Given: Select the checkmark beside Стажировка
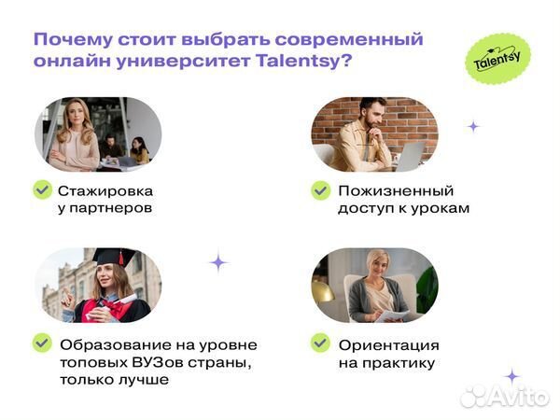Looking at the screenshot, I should click(42, 190).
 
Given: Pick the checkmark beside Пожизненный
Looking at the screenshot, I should click(320, 190).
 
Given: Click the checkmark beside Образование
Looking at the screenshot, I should click(42, 343).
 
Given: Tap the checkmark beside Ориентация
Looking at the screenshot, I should click(320, 343).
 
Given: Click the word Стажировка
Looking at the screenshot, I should click(105, 190).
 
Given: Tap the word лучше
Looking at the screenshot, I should click(145, 380).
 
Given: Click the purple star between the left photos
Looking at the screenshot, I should click(218, 262).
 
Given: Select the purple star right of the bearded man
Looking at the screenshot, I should click(473, 126).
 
